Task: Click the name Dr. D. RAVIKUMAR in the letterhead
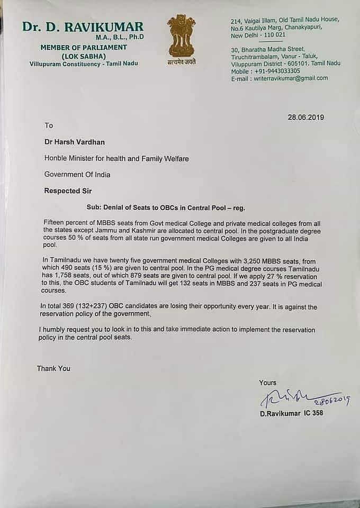coord(83,26)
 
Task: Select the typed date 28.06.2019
coord(305,117)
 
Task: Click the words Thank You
coord(53,368)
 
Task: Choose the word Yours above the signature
coord(267,383)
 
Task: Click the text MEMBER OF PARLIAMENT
coord(84,48)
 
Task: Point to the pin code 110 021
coord(276,34)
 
